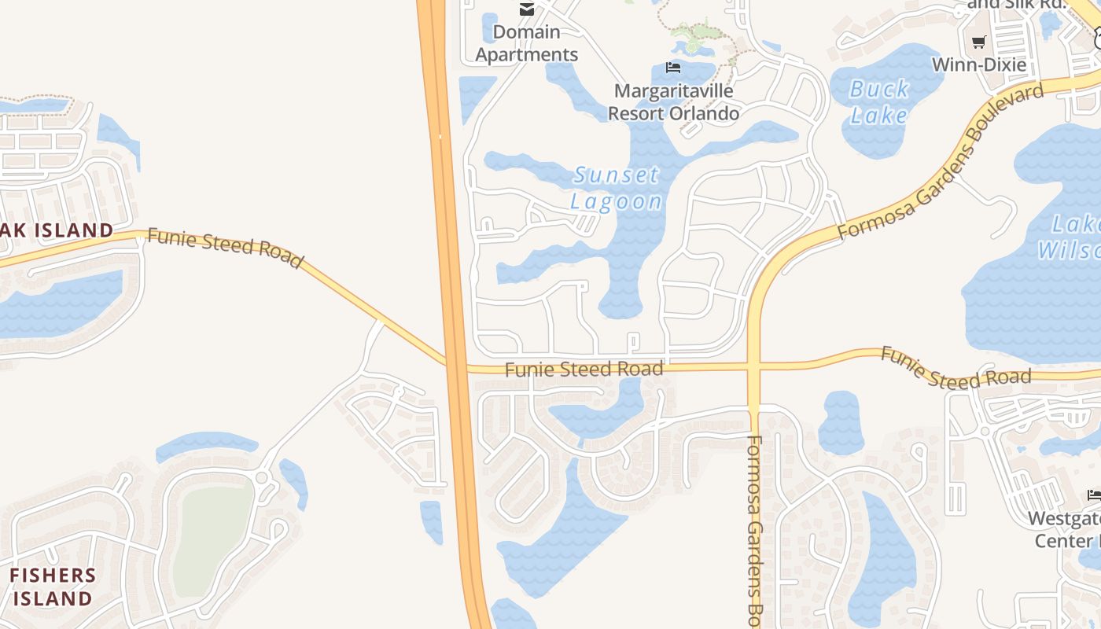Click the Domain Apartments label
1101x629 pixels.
click(527, 43)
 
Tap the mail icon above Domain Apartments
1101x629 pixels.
click(526, 9)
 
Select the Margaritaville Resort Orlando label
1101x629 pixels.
click(673, 102)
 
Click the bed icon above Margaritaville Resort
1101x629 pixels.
click(673, 68)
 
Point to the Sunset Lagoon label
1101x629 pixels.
click(617, 188)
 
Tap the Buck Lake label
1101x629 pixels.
click(879, 102)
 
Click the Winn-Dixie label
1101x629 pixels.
click(979, 64)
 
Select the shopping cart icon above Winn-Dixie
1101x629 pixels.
click(978, 42)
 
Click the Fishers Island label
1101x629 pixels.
click(52, 587)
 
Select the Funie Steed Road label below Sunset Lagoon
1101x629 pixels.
click(584, 369)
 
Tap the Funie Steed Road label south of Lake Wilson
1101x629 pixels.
click(955, 368)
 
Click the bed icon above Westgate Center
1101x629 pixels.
click(1094, 495)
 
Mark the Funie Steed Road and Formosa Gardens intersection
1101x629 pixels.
click(753, 366)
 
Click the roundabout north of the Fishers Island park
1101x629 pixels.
click(262, 477)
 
